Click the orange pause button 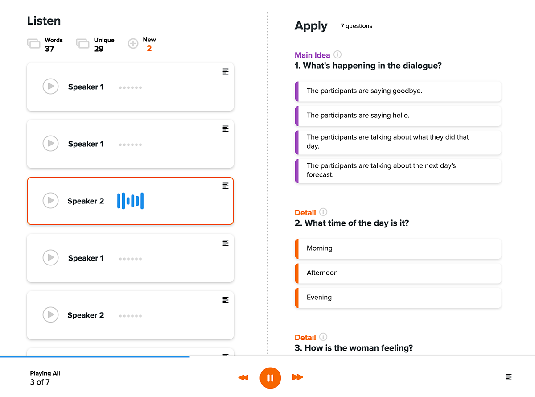(270, 378)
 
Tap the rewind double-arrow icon (243, 377)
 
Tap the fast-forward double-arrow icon (297, 377)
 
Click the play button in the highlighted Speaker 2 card (50, 200)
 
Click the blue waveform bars (130, 201)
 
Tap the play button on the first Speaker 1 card (50, 86)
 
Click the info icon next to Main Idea (337, 54)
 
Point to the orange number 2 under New (149, 49)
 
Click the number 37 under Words (49, 49)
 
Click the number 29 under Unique (99, 49)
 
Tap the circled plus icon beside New (133, 43)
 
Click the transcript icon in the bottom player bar (508, 377)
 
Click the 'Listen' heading (44, 21)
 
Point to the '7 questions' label (356, 26)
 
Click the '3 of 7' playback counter (40, 382)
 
